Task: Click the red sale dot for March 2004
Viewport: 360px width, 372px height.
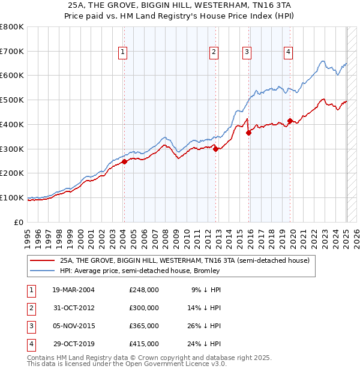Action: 124,161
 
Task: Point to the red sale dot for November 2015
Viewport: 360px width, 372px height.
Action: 248,133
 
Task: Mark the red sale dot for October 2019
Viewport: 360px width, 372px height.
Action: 290,121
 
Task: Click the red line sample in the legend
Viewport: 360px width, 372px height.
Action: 43,261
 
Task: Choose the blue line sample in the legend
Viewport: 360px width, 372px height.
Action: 43,271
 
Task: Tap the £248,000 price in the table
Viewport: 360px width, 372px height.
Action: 144,290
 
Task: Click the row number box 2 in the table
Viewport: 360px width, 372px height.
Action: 30,308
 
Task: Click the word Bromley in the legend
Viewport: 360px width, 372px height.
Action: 206,271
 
